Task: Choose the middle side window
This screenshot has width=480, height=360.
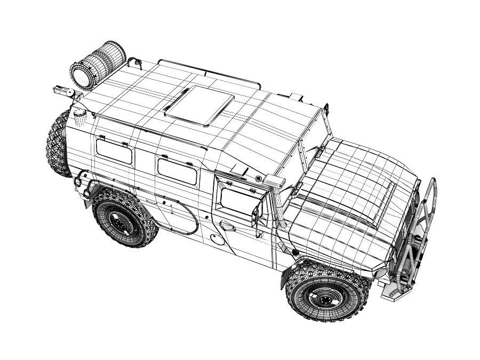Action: [178, 171]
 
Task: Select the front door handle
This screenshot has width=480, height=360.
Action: [228, 227]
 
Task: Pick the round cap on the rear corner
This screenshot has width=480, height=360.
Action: [79, 113]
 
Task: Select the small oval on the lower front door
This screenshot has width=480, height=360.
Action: [215, 235]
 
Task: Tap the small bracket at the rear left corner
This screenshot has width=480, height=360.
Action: [62, 91]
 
